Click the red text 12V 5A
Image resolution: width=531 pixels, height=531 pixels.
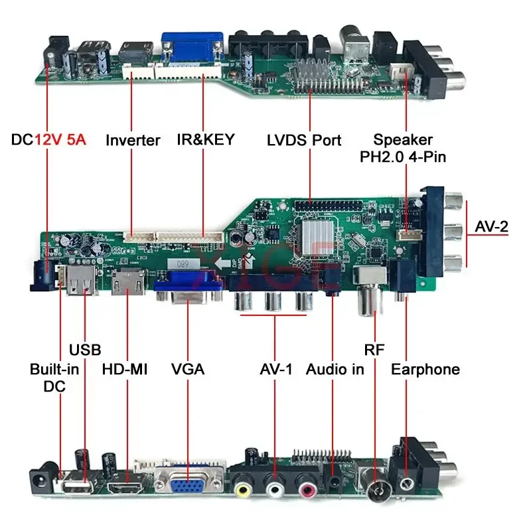point(60,140)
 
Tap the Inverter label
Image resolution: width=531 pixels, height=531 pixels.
point(133,140)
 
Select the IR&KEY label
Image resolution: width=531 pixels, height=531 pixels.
point(206,140)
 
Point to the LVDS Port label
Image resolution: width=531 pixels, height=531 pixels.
point(304,140)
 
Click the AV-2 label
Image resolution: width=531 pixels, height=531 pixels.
point(492,226)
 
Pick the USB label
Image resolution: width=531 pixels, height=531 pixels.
point(85,350)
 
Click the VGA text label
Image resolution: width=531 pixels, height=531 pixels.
point(187,369)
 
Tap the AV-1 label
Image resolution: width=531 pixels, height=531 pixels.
point(275,369)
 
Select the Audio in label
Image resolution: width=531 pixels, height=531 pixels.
point(335,369)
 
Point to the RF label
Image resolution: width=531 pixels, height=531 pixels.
point(374,350)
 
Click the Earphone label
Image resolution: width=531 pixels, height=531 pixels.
point(425,369)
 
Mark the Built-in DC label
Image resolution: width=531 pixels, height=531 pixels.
point(54,378)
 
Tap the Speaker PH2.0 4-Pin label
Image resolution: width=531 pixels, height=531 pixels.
point(403,149)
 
